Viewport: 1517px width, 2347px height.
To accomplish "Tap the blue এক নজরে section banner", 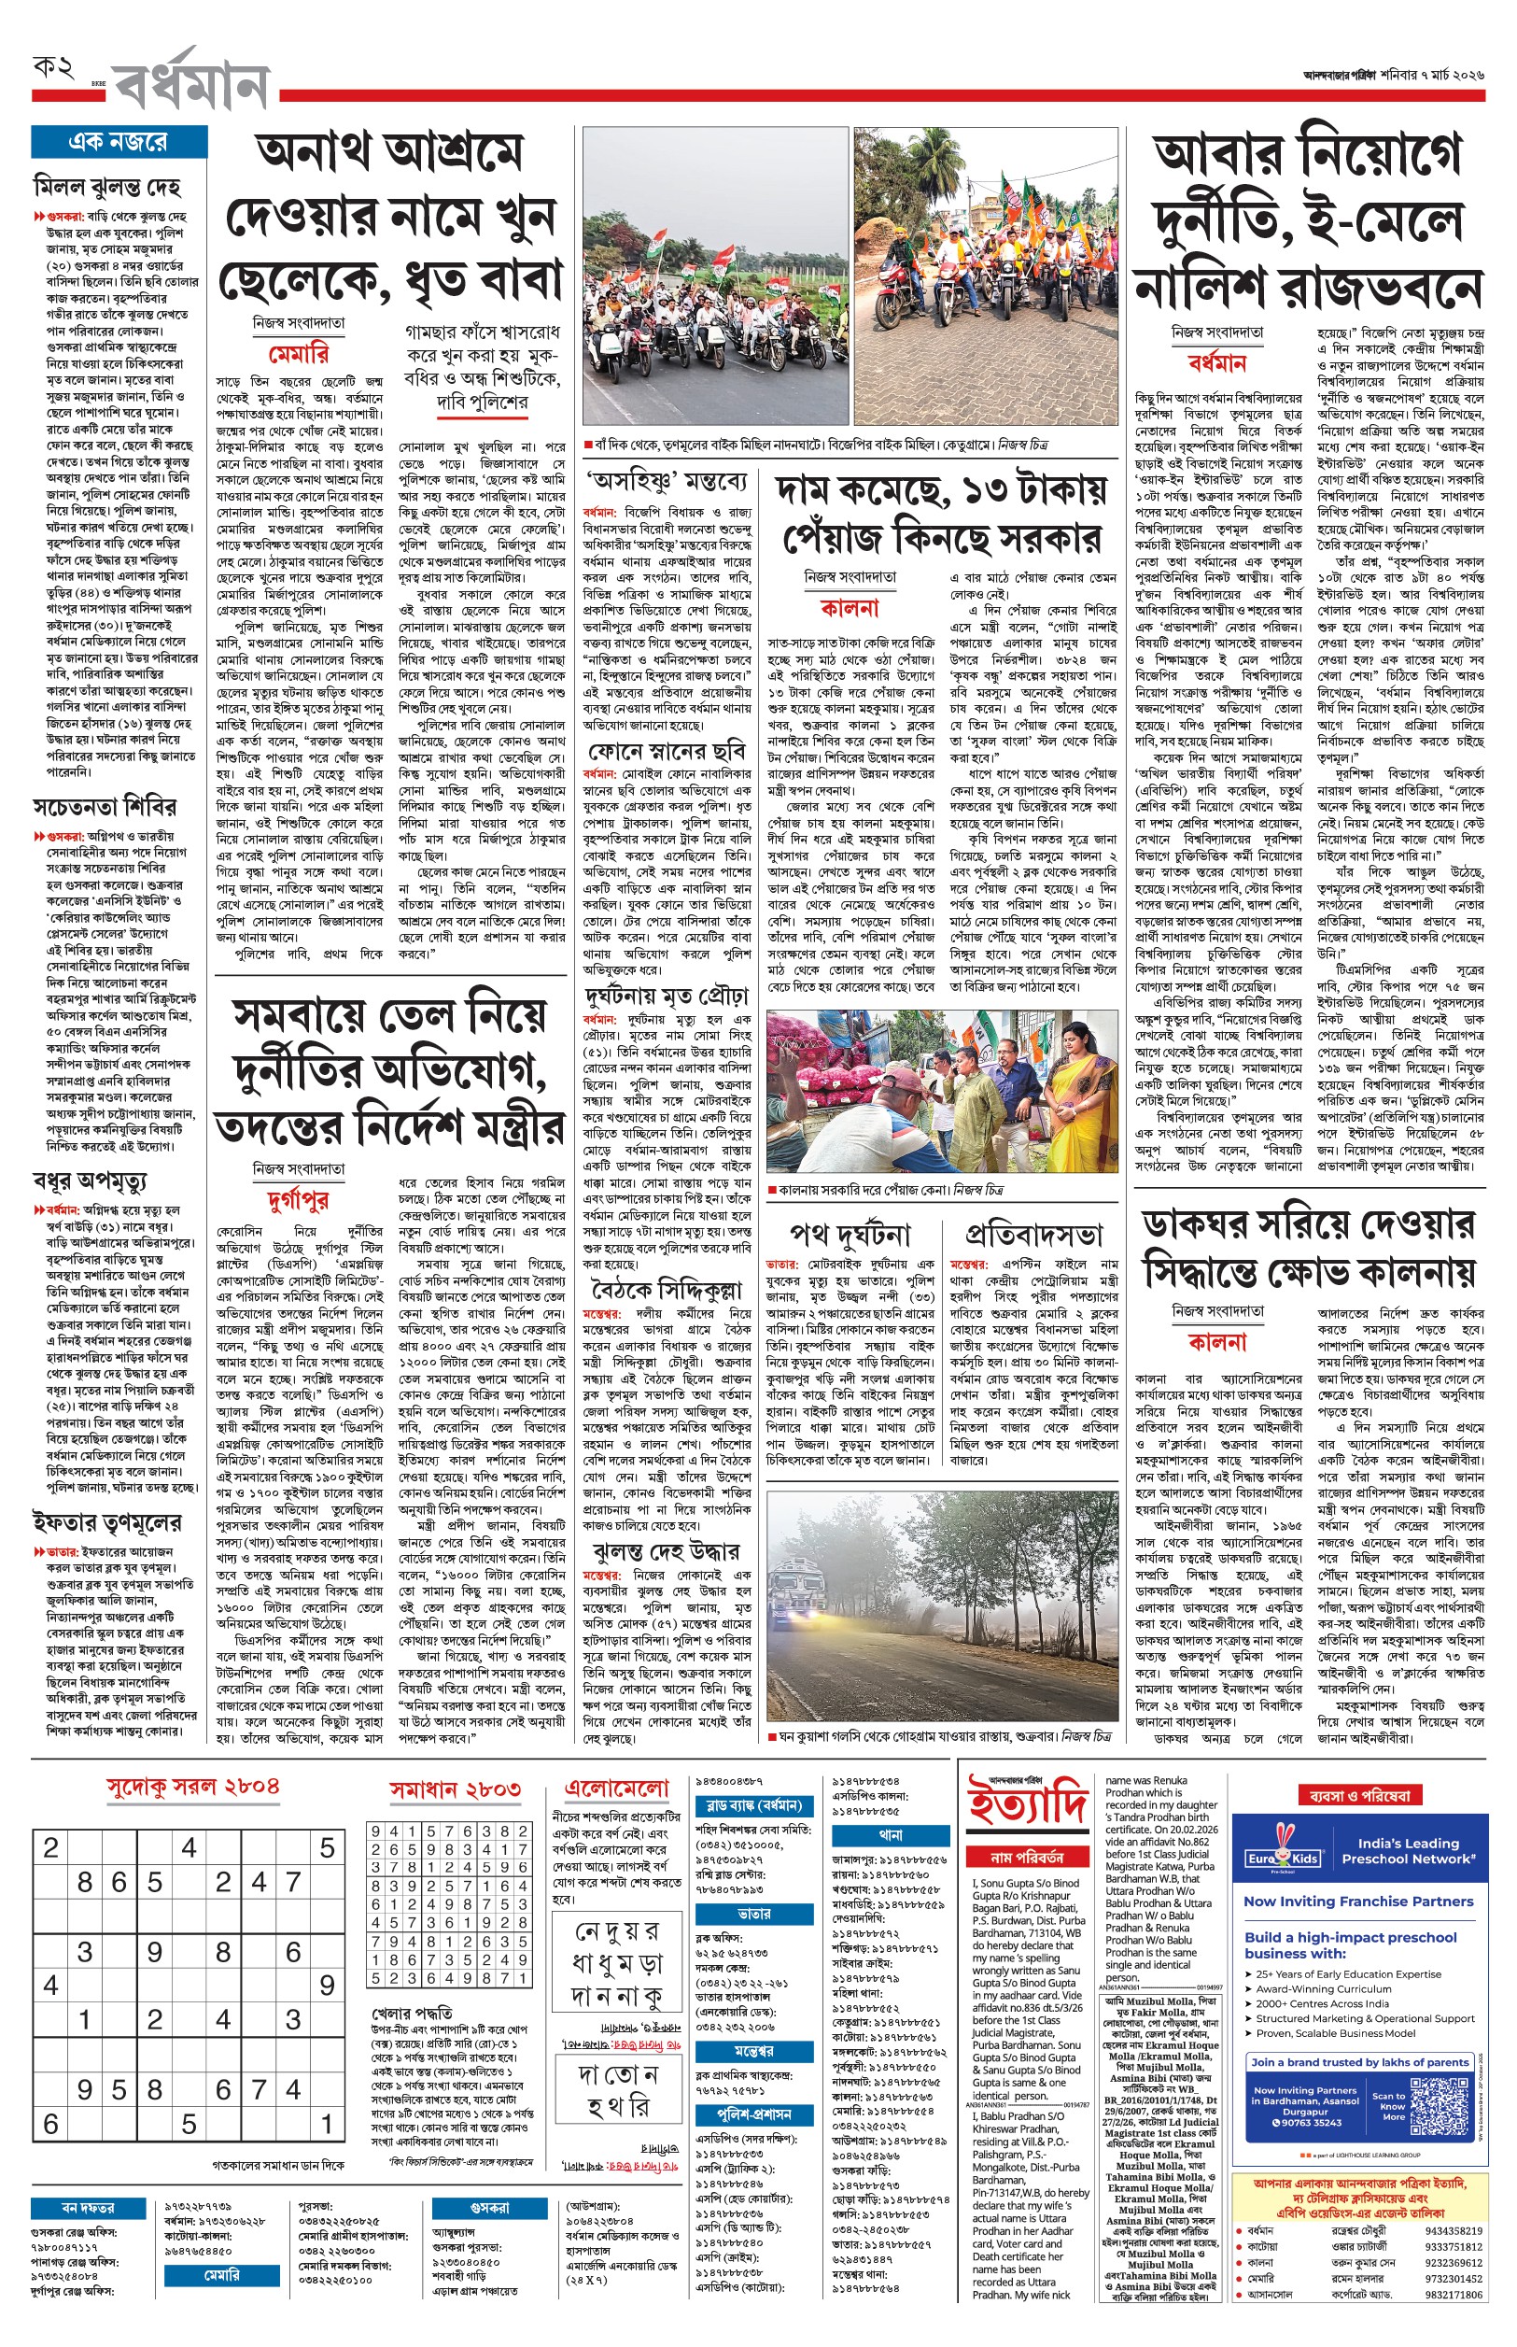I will pos(119,142).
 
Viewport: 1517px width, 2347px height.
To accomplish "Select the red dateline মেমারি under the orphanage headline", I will pos(299,354).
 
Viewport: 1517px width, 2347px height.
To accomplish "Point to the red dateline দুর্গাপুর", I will pos(298,1199).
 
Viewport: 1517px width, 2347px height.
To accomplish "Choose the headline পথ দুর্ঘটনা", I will pos(850,1235).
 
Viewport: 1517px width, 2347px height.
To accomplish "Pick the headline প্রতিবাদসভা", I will pos(1033,1235).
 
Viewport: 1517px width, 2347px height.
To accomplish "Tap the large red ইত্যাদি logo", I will pos(1028,1803).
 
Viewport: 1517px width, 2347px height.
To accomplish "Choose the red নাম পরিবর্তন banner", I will pos(1028,1857).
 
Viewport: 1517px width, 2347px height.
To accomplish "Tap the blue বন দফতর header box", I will pos(88,2207).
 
